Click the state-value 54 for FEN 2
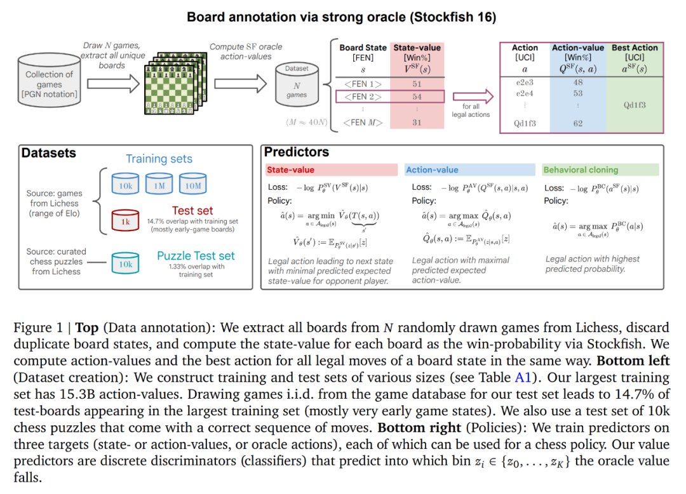417,97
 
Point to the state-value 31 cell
417,123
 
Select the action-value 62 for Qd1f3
577,123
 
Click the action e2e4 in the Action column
525,93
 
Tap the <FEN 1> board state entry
363,84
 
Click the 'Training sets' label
159,159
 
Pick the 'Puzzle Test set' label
196,256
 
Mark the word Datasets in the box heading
49,153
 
